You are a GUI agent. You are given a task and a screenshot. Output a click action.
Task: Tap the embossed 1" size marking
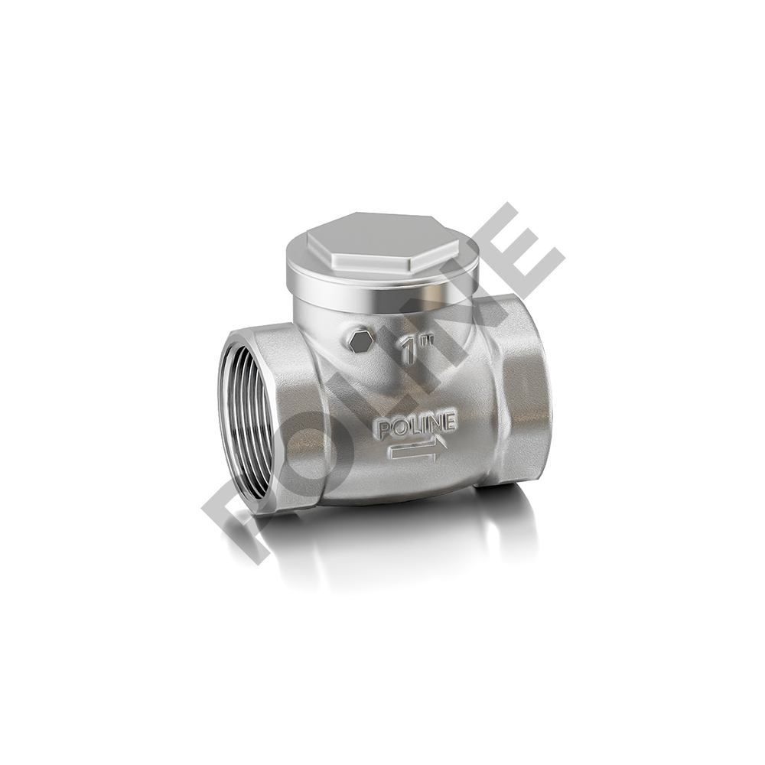click(416, 347)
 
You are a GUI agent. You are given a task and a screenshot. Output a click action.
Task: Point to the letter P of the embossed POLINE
click(386, 429)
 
